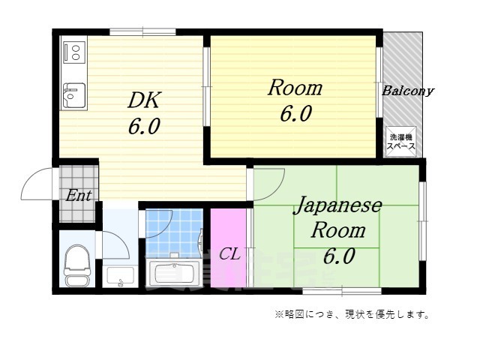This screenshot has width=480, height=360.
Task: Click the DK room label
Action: tap(143, 100)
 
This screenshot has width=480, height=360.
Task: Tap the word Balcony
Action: tap(408, 91)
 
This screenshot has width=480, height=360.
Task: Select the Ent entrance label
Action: tap(79, 196)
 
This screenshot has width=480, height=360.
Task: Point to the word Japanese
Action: tap(337, 205)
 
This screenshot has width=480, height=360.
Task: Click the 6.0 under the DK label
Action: tap(143, 127)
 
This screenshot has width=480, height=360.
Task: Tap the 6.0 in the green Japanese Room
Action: tap(340, 257)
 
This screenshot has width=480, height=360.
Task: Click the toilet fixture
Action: tap(76, 266)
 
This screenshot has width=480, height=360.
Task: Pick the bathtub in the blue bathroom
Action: tap(173, 273)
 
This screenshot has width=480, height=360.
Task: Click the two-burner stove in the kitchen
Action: tap(74, 51)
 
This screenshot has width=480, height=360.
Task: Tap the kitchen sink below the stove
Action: tap(73, 94)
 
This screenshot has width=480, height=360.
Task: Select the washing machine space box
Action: tap(400, 142)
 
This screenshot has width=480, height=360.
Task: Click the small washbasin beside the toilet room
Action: tap(118, 277)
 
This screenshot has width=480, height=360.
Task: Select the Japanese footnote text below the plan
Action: tap(352, 314)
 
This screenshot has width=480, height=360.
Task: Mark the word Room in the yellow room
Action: tap(295, 88)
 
